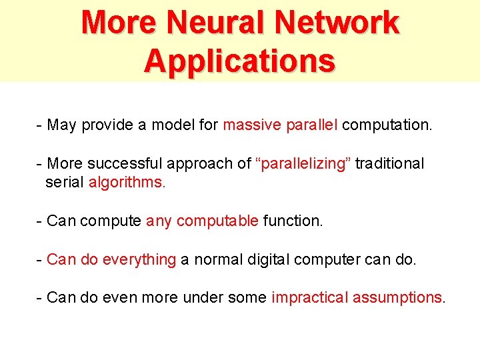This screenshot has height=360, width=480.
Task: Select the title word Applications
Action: coord(239,61)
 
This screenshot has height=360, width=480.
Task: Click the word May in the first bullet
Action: coord(62,125)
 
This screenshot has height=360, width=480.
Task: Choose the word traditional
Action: coord(389,163)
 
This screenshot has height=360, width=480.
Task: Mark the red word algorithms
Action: coord(127,182)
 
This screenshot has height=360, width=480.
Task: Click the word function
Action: coord(293,221)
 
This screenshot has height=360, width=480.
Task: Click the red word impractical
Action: coord(309,297)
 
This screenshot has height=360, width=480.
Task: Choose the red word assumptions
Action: coord(397,297)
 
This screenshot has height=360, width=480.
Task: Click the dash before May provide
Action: coord(40,125)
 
